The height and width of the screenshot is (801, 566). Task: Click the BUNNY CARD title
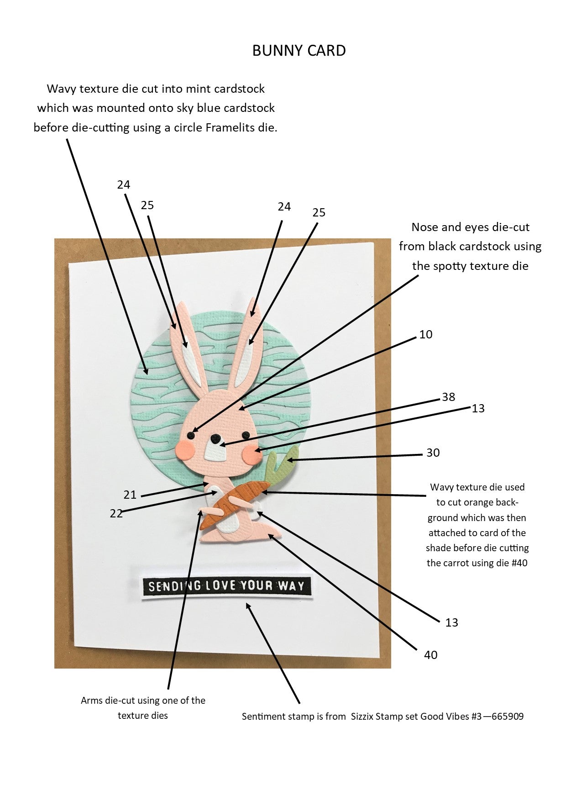(299, 50)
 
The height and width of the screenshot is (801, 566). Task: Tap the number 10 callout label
(425, 335)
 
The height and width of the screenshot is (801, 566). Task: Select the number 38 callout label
(448, 397)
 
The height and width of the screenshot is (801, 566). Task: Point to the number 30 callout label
(433, 453)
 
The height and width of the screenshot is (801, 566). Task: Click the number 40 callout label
(430, 655)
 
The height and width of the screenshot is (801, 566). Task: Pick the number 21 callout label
(130, 495)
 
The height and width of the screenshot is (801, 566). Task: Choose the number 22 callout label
(116, 513)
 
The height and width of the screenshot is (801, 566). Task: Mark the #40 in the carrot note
(519, 563)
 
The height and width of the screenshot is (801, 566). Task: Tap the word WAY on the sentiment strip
(290, 586)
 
